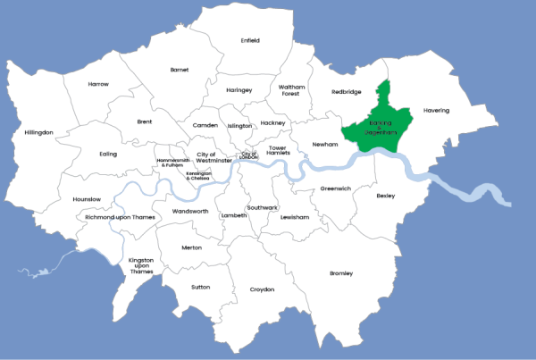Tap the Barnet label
180,69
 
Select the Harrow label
98,84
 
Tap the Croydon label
262,289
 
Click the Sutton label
201,288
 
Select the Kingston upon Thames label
142,265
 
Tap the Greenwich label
336,188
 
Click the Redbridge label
346,91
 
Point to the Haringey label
239,90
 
